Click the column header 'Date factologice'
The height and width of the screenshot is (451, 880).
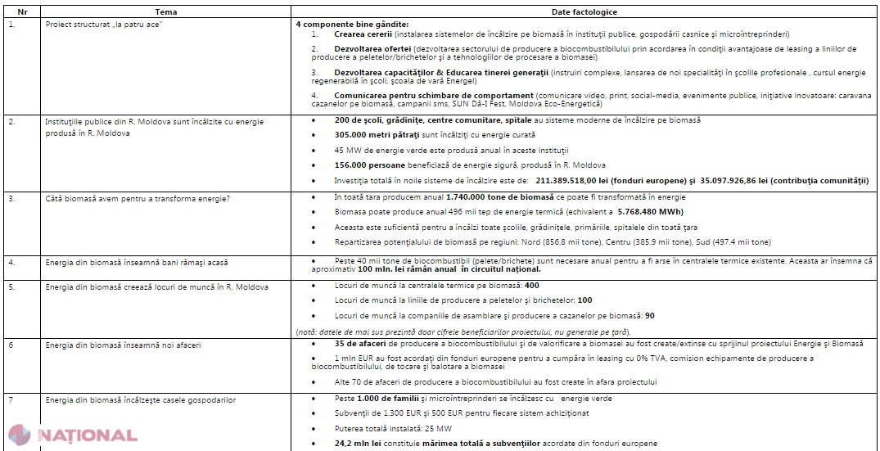click(584, 12)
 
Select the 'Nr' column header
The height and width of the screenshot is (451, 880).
click(22, 12)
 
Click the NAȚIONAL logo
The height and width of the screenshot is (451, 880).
click(73, 435)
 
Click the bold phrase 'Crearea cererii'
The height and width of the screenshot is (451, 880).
click(363, 34)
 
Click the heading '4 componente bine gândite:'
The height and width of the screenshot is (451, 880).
click(352, 24)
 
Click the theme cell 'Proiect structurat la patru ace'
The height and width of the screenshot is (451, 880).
click(102, 24)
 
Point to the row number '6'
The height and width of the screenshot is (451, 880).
click(11, 345)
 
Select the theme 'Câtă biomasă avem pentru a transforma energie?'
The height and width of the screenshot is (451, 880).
click(137, 197)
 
